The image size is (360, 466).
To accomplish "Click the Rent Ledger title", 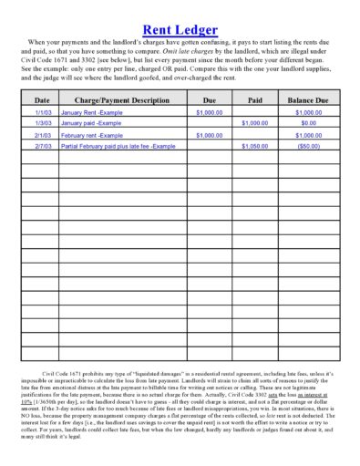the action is [x=180, y=29].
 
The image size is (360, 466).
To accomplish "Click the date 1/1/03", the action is [x=42, y=111].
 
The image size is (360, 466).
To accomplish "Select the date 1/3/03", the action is [x=42, y=122].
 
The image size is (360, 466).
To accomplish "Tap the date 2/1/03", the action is [x=42, y=134].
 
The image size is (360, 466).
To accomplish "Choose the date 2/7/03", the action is [x=42, y=145].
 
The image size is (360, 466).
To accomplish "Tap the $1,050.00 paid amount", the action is [x=254, y=145].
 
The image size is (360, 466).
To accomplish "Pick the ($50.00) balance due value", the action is [x=308, y=145].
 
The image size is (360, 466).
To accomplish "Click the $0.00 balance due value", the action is [x=308, y=122].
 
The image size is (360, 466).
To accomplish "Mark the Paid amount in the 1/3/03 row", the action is [x=254, y=122].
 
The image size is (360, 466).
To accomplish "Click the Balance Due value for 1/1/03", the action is [x=308, y=111].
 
